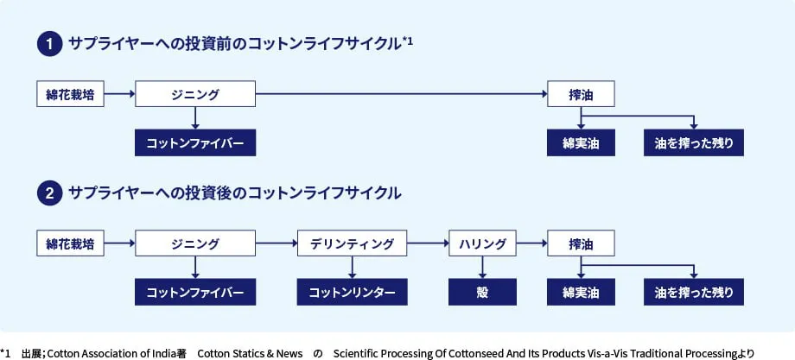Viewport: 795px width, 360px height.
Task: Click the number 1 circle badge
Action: (49, 44)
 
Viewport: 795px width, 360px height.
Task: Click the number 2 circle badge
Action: (49, 193)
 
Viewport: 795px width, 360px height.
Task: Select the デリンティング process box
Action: (352, 243)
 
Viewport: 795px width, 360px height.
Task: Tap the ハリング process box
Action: (482, 243)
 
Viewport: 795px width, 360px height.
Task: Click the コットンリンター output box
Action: (352, 292)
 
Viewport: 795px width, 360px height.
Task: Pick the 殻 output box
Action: (482, 292)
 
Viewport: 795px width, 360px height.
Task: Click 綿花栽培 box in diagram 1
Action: (70, 94)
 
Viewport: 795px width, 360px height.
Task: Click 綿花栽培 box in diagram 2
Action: (70, 243)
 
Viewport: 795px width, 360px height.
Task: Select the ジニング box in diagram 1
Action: (195, 94)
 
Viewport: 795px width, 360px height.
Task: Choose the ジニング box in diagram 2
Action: (195, 243)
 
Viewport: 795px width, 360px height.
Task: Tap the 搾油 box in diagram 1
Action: (581, 94)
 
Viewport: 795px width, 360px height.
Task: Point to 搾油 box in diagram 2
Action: (581, 243)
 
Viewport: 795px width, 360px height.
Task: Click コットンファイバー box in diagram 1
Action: (195, 142)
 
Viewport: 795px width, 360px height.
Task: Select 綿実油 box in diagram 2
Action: (581, 292)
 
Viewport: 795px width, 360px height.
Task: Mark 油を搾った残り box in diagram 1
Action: (694, 142)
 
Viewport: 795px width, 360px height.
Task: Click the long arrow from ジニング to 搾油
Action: (402, 94)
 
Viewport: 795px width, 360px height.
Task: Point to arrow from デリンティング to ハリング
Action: (428, 243)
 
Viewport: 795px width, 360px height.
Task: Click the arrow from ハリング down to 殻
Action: (482, 268)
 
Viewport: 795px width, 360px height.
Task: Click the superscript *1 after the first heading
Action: (408, 41)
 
